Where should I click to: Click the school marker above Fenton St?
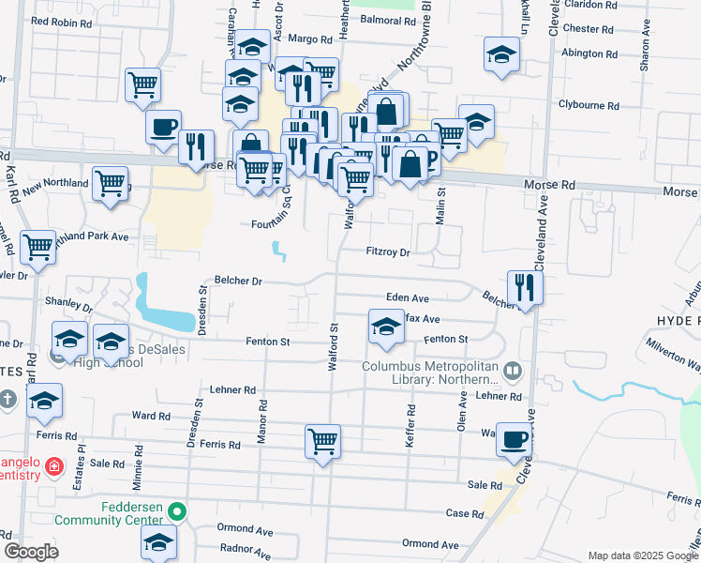[x=385, y=327]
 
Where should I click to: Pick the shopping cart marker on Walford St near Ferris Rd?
[x=323, y=440]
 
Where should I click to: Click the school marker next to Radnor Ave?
[x=159, y=542]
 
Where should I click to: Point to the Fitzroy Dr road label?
[x=388, y=252]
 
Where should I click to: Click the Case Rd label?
[x=464, y=513]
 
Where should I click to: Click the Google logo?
[x=32, y=552]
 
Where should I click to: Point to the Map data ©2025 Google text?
[x=641, y=555]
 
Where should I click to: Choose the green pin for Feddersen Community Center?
[x=174, y=512]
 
